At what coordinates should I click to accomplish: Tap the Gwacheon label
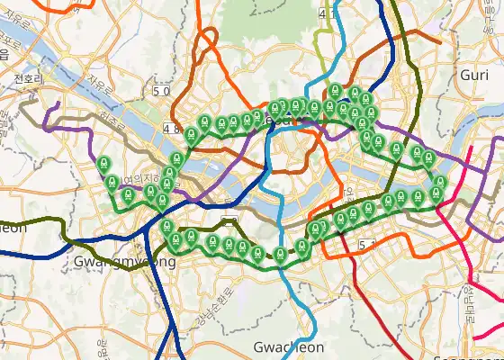point(288,347)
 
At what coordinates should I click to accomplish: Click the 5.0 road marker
point(161,91)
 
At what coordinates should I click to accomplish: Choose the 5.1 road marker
point(365,245)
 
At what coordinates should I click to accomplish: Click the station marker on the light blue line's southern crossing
point(281,254)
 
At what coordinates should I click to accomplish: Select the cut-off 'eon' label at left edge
point(13,228)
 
